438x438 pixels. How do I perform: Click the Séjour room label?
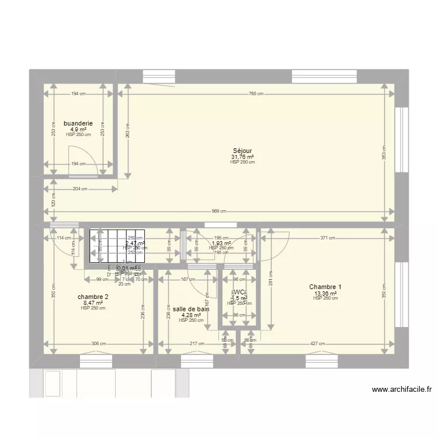242,151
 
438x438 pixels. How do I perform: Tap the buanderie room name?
78,124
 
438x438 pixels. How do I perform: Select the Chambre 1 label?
325,287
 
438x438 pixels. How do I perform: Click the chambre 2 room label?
93,297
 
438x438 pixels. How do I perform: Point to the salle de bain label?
191,309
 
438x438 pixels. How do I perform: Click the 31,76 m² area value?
242,157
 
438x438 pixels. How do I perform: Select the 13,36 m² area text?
325,293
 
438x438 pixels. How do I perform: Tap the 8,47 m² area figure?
93,303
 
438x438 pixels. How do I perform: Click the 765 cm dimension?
255,93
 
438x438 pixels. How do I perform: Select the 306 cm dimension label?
97,343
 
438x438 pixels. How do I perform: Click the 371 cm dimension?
327,238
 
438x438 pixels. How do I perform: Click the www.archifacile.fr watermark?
400,390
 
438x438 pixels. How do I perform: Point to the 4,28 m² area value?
191,315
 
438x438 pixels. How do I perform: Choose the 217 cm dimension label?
197,343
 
